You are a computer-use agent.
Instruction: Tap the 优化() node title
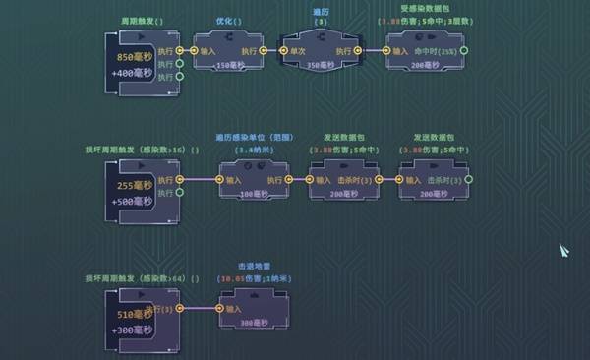pyautogui.click(x=229, y=21)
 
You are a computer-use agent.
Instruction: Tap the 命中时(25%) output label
pyautogui.click(x=436, y=49)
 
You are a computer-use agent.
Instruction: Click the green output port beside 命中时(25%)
pyautogui.click(x=464, y=49)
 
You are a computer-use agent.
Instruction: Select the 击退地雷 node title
pyautogui.click(x=255, y=266)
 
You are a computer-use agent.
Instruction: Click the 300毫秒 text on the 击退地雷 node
pyautogui.click(x=255, y=323)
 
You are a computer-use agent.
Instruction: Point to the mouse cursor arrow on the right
pyautogui.click(x=565, y=251)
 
